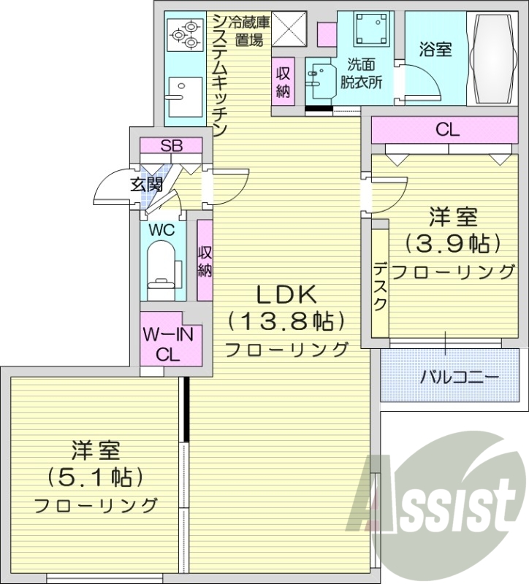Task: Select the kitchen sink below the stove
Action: pyautogui.click(x=178, y=91)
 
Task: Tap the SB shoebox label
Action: pyautogui.click(x=172, y=145)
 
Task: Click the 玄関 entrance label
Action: pyautogui.click(x=146, y=184)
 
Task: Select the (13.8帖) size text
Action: pyautogui.click(x=285, y=320)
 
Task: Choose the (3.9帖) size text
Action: pyautogui.click(x=453, y=242)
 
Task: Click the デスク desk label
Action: pyautogui.click(x=380, y=285)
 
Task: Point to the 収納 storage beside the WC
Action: pyautogui.click(x=205, y=260)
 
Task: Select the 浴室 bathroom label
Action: pyautogui.click(x=435, y=49)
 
